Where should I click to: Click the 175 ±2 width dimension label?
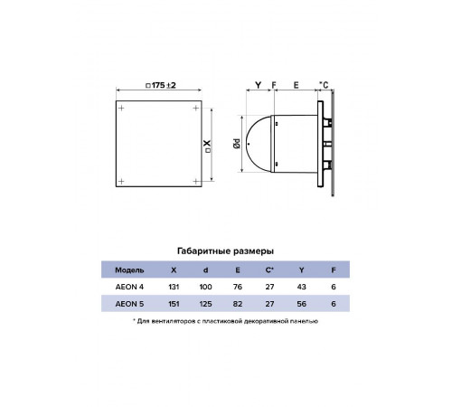(161, 85)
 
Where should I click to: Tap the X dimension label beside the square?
(208, 146)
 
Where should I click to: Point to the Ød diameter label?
(237, 144)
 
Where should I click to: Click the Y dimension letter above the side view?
(258, 85)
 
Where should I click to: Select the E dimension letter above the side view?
(296, 85)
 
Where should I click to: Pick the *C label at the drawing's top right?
(324, 85)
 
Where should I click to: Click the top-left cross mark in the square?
(121, 108)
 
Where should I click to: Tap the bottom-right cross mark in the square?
(196, 181)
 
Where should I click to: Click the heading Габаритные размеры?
(225, 251)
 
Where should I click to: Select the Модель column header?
(129, 270)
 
